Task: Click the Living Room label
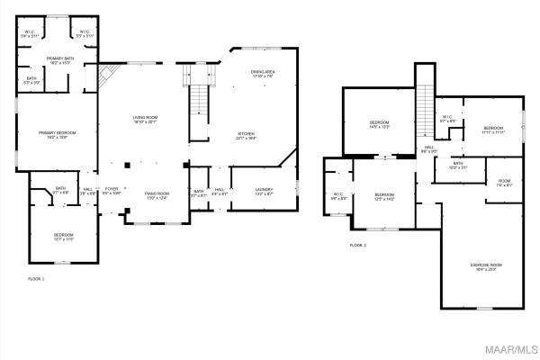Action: (x=146, y=120)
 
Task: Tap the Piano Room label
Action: (x=157, y=195)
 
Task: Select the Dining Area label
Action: (x=264, y=75)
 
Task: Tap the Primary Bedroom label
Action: (x=56, y=135)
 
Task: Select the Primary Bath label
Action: (x=60, y=60)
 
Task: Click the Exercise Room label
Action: (x=486, y=266)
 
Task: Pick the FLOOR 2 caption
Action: (x=358, y=245)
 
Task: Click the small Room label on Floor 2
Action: (x=504, y=184)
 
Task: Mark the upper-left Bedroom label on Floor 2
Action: (x=379, y=124)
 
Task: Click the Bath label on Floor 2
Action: (x=458, y=166)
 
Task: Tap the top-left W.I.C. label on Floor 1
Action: (x=30, y=34)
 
